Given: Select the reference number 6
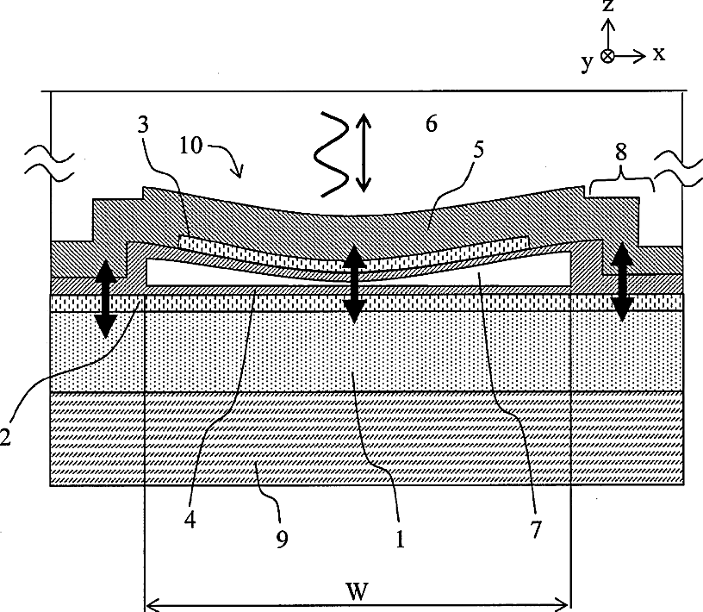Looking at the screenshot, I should click(x=431, y=123).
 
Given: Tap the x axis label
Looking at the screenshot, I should click(x=658, y=53).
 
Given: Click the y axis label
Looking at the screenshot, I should click(x=587, y=63).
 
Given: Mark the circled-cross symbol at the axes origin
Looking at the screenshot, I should click(x=608, y=56).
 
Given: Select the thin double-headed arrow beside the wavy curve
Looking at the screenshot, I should click(x=363, y=153).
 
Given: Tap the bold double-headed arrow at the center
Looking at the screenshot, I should click(x=352, y=284).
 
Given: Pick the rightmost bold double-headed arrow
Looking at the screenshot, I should click(x=623, y=282).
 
